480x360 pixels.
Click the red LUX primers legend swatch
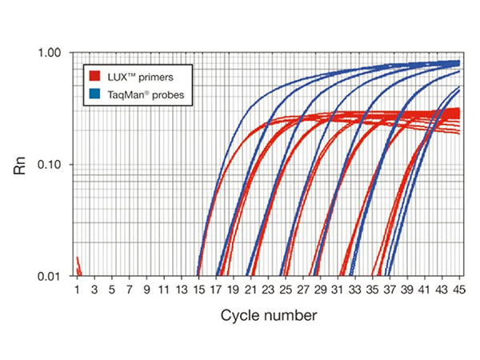coord(94,77)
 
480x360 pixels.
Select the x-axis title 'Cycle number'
coord(269,315)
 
